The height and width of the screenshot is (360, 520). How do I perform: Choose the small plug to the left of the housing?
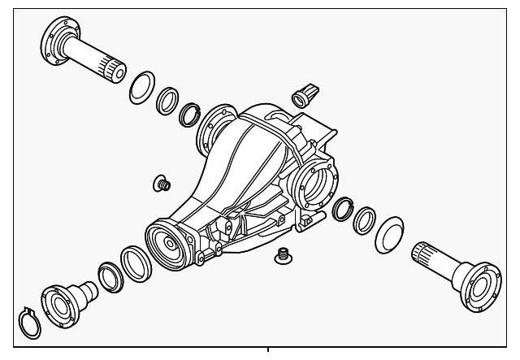[162, 183]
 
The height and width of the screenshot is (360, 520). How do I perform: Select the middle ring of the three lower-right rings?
[365, 219]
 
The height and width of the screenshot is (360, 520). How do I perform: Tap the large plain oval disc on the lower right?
[390, 233]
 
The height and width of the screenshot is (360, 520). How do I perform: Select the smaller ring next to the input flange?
[109, 275]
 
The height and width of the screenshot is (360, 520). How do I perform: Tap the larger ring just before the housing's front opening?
[133, 261]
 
